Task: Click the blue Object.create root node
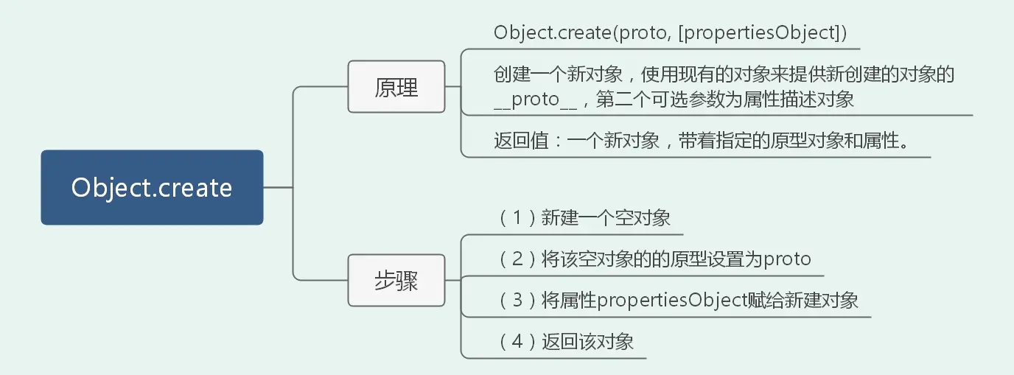pos(152,187)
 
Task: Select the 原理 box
pos(396,87)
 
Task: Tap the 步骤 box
pos(396,281)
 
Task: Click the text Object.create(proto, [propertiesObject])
pos(670,33)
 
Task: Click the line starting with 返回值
pos(700,140)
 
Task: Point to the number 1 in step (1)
pos(517,218)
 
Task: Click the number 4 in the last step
pos(517,342)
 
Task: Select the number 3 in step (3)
pos(517,301)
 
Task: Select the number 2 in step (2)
pos(517,259)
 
